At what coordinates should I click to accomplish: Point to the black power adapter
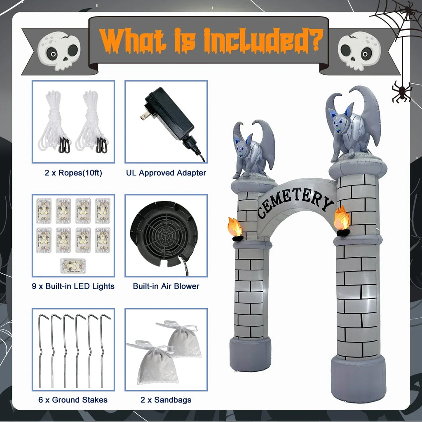170,119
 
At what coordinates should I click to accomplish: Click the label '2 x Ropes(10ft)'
73,173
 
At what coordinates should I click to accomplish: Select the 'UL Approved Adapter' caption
166,173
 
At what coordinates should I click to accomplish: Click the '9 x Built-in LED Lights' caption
73,286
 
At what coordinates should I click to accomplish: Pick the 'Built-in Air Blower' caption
166,286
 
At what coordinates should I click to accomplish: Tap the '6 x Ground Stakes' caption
73,400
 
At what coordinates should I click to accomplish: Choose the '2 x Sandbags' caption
166,400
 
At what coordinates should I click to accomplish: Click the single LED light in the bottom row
73,266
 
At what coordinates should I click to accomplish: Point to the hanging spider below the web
401,91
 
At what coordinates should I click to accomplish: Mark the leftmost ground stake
41,350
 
